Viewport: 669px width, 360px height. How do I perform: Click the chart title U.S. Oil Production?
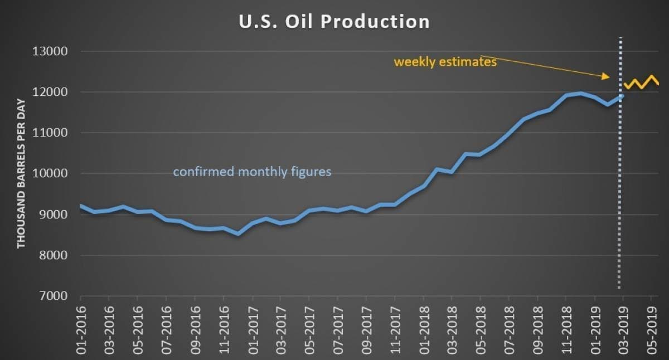[x=334, y=21]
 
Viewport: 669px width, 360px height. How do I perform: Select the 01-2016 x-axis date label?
[x=81, y=329]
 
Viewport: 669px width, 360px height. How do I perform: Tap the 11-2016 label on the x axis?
[x=224, y=329]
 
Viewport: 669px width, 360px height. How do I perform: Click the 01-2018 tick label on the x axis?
[x=424, y=329]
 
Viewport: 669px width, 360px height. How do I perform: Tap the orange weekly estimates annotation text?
[x=445, y=62]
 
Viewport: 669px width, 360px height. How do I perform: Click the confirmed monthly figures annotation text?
[x=252, y=172]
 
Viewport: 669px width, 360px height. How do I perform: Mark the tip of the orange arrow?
[x=609, y=77]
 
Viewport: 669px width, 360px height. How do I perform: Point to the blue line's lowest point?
[x=239, y=233]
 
